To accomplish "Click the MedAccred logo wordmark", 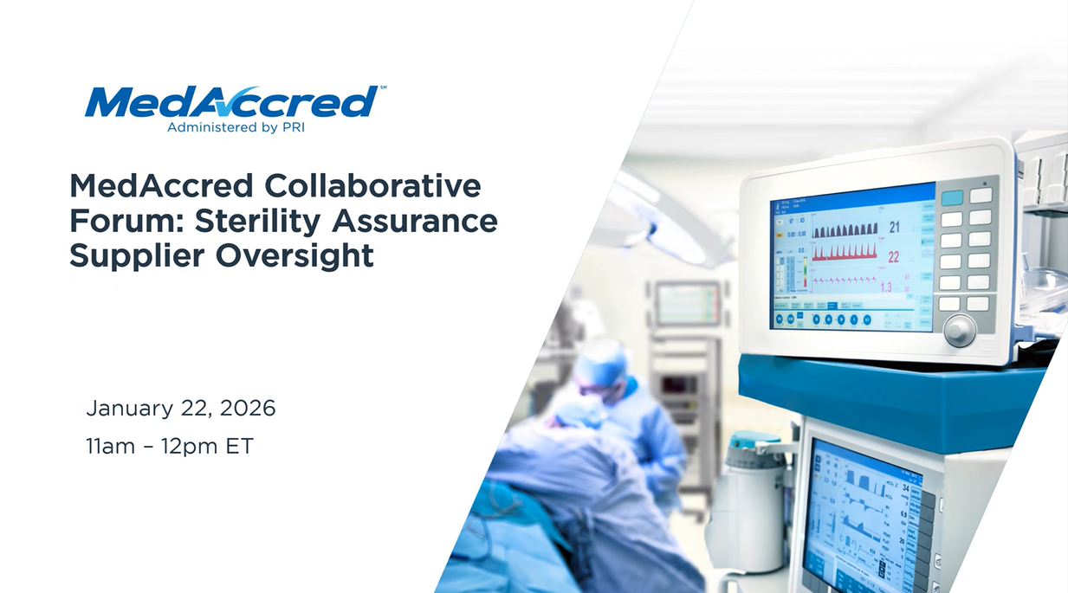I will tap(230, 102).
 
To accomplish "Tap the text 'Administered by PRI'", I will tap(235, 128).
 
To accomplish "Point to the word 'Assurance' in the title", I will tap(415, 221).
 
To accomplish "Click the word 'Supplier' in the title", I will tap(126, 257).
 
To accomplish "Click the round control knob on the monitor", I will tap(960, 330).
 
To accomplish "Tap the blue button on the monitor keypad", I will tap(951, 197).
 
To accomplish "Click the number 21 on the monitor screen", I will tap(894, 228).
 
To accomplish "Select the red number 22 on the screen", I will tap(894, 257).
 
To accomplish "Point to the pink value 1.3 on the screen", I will tap(886, 287).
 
